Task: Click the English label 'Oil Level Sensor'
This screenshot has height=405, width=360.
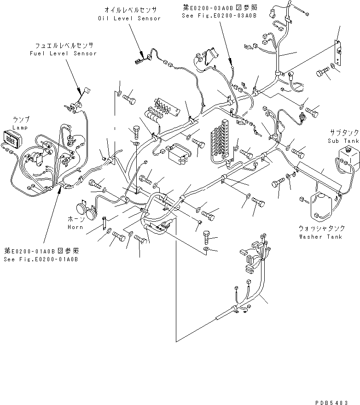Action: (129, 18)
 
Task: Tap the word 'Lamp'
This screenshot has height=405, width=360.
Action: (20, 127)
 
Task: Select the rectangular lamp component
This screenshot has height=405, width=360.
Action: (12, 137)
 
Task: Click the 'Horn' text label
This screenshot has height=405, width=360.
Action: (76, 227)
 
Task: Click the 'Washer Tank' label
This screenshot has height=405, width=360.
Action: (320, 237)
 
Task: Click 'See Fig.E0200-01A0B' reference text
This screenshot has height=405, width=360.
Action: (41, 259)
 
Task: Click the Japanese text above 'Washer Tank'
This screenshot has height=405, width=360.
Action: (320, 229)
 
